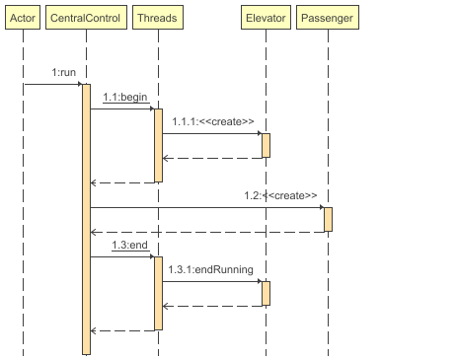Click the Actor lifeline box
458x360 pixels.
(x=23, y=19)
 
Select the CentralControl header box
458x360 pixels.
(x=86, y=19)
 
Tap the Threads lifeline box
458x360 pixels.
(x=157, y=19)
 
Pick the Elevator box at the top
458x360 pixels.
(x=265, y=19)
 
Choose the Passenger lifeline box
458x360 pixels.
(x=327, y=19)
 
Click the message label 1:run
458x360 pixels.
(x=65, y=74)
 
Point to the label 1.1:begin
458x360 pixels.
(x=124, y=98)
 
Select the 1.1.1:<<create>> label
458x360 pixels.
(x=212, y=121)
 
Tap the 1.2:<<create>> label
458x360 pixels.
(x=280, y=196)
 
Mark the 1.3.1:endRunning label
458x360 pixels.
(x=210, y=269)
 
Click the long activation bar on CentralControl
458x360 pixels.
(x=86, y=217)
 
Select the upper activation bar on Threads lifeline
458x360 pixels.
(x=158, y=145)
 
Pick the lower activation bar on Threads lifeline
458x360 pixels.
(x=158, y=293)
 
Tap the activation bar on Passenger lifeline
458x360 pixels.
(x=328, y=219)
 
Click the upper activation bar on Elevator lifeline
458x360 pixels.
(x=266, y=145)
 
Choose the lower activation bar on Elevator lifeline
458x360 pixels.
(x=266, y=293)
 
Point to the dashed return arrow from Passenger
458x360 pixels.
(x=207, y=232)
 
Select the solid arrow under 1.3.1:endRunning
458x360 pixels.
(x=211, y=282)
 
